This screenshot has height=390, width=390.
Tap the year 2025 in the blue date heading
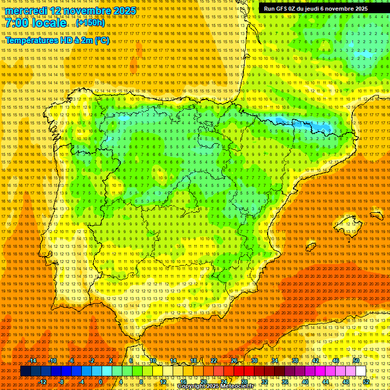coord(124,11)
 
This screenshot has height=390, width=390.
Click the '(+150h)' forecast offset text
coord(91,23)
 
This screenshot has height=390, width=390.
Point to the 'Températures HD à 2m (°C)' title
coord(57,40)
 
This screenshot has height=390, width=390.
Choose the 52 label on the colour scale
coord(366,381)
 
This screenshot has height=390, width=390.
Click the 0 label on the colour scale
coord(101,381)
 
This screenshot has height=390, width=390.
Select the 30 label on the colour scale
coord(254,361)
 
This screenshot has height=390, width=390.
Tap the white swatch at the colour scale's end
coord(361,371)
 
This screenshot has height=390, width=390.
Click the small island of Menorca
coord(376,215)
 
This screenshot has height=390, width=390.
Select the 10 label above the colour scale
coord(152,361)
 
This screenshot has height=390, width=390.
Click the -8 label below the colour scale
coord(61,381)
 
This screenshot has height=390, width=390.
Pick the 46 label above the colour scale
coord(336,361)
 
